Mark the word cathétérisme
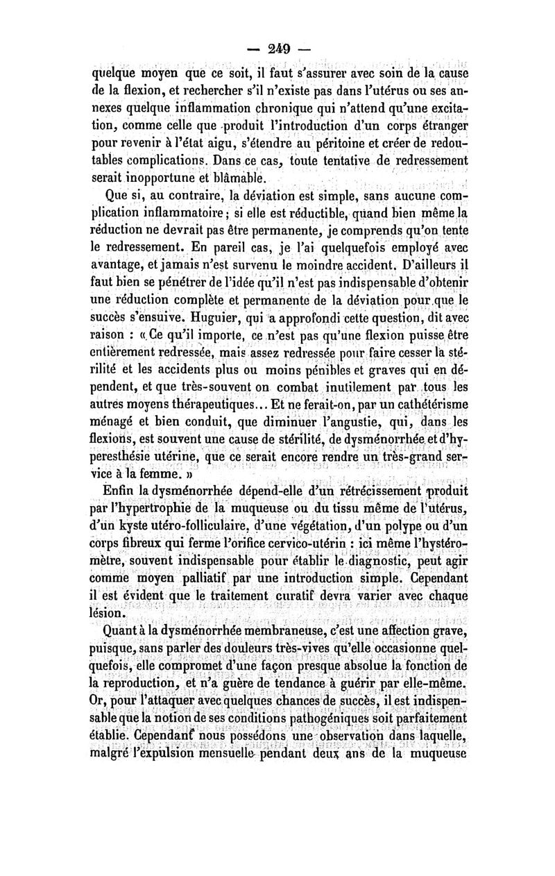(425, 403)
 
